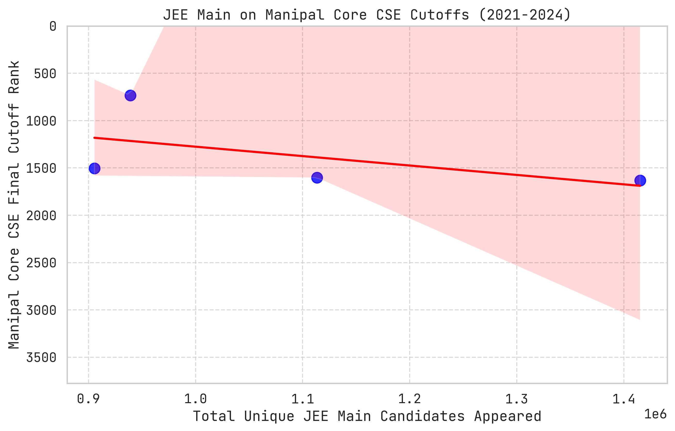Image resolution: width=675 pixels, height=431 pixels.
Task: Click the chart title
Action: (x=367, y=15)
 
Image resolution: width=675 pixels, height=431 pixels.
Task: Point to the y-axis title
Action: (x=14, y=205)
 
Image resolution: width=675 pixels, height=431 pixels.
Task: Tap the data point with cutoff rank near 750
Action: (x=130, y=96)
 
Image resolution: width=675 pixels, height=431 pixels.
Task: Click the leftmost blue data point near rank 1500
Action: (x=94, y=169)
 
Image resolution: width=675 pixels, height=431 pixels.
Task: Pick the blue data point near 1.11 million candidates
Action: (x=317, y=178)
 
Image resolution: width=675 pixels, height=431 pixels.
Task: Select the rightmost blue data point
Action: (x=640, y=180)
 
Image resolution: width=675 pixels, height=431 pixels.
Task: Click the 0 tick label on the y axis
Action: (x=53, y=27)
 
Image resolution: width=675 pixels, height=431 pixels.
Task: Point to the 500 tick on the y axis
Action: (x=45, y=74)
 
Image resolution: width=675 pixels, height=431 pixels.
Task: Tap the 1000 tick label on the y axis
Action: (x=41, y=121)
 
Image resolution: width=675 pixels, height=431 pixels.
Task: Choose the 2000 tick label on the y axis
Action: (x=41, y=216)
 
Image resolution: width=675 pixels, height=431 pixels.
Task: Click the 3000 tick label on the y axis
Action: (x=41, y=310)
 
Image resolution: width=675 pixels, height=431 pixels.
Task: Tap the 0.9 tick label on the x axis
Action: (x=88, y=399)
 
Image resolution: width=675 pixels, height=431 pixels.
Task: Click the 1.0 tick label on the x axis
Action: (x=195, y=399)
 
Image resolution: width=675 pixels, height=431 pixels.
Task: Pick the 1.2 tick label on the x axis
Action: (x=410, y=399)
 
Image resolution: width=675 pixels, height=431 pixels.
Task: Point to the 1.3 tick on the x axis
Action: (x=517, y=399)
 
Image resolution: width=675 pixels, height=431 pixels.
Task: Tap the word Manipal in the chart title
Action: (x=295, y=15)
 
